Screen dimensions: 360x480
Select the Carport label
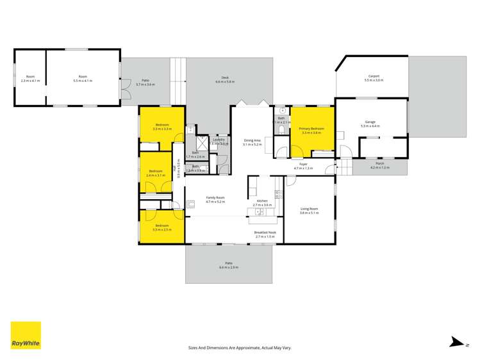tap(374, 76)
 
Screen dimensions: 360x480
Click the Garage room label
tap(370, 122)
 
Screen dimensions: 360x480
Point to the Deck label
tap(225, 78)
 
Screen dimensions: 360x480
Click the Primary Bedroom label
tap(311, 128)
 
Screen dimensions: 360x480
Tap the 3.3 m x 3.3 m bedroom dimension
tap(161, 129)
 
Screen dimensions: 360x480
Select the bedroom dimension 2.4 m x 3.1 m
tap(156, 175)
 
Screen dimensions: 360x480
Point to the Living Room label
tap(310, 209)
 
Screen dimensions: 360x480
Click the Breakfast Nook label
tap(265, 233)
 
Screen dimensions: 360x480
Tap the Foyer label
tap(303, 164)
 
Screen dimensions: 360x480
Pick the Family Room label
tap(215, 198)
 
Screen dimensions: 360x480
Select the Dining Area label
tap(252, 140)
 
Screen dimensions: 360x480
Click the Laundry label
tap(219, 139)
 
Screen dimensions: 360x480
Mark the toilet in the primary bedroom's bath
tap(283, 130)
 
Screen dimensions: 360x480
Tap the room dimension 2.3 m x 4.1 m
tap(29, 81)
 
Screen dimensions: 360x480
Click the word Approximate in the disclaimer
tap(238, 348)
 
